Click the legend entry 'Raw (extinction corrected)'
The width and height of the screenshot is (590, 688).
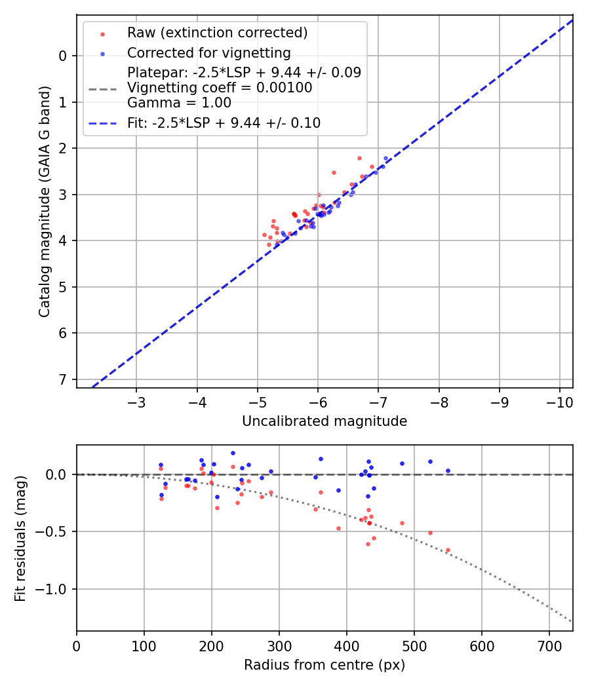tap(217, 33)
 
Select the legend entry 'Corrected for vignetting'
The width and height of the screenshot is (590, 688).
tap(208, 52)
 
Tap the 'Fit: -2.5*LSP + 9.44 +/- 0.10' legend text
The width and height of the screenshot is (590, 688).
tap(224, 123)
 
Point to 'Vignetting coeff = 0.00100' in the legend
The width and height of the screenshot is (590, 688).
tap(220, 88)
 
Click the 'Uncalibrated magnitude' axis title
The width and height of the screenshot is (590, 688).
tap(324, 421)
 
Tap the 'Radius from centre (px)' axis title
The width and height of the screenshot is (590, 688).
tap(324, 665)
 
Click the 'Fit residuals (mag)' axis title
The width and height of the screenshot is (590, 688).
tap(20, 538)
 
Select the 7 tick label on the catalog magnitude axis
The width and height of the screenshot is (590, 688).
tap(63, 379)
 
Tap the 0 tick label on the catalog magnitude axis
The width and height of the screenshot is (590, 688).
tap(63, 56)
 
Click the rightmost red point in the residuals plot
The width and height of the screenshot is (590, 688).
tap(448, 550)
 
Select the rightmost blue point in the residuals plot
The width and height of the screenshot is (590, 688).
tap(448, 470)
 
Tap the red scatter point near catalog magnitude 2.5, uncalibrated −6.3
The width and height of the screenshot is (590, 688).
tap(334, 172)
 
